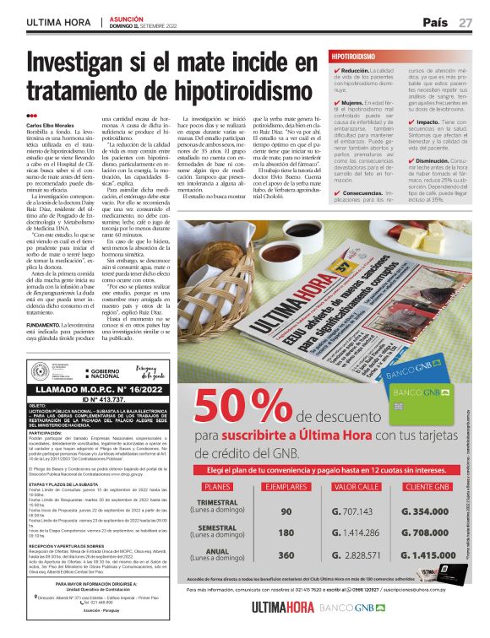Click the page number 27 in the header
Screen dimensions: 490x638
(465, 22)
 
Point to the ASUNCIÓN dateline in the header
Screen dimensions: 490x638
(127, 17)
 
